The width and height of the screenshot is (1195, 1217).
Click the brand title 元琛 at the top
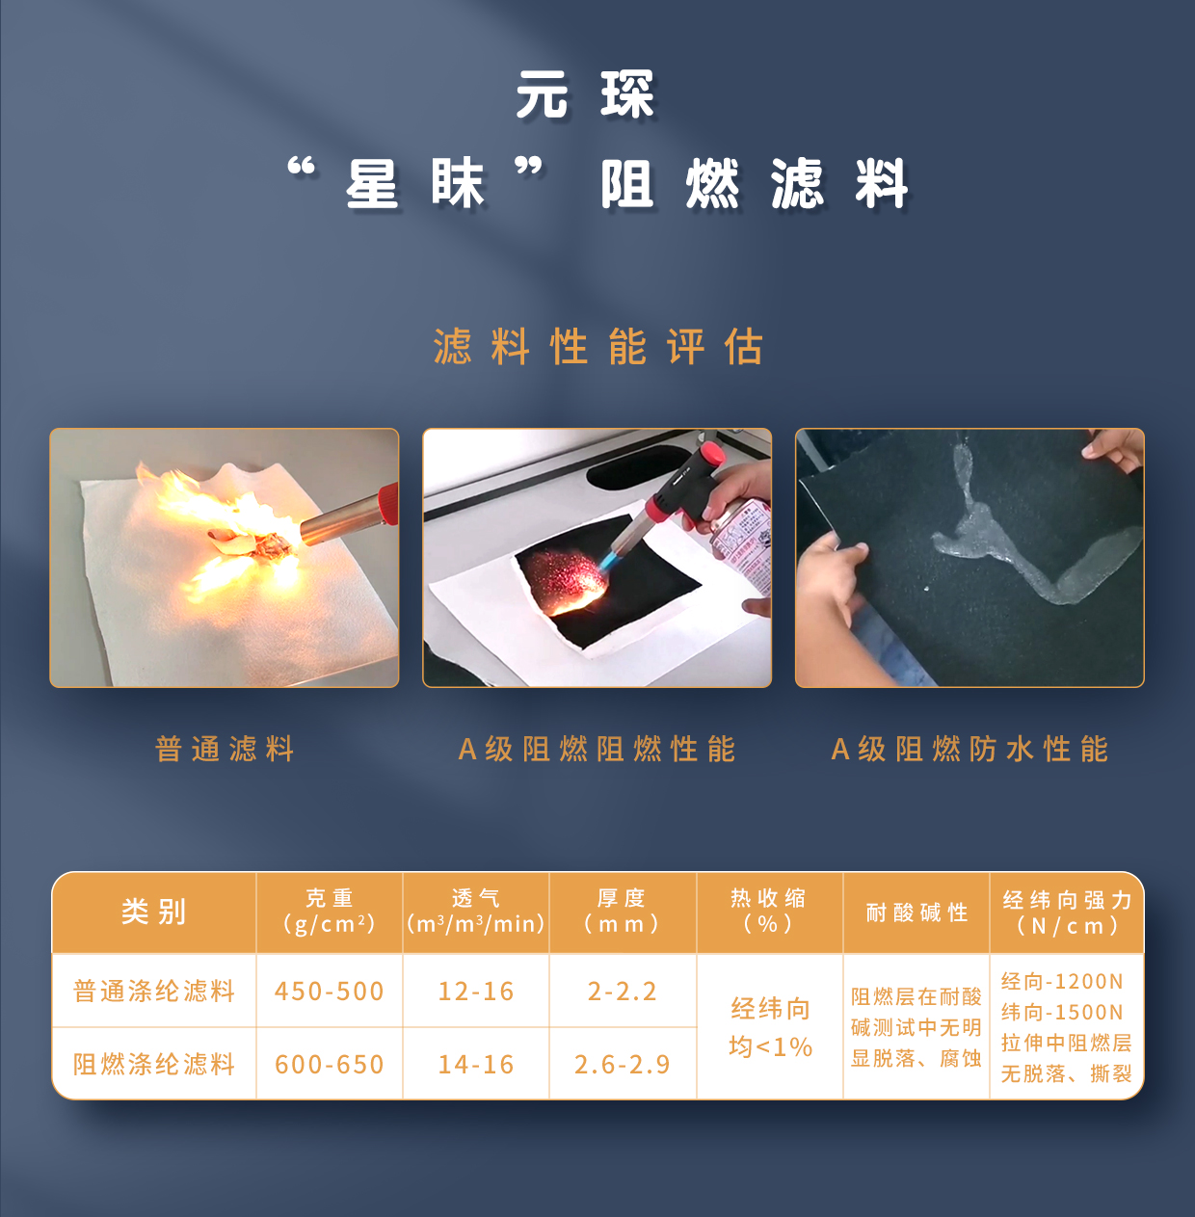(586, 94)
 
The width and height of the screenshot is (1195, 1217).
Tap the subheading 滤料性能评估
(597, 347)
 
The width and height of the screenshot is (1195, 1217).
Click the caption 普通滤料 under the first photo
(225, 749)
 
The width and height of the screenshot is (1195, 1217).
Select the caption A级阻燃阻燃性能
(597, 749)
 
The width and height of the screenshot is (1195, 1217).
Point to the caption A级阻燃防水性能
(969, 749)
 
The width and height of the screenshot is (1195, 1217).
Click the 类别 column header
(154, 912)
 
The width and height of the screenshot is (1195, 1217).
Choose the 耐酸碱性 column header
(916, 912)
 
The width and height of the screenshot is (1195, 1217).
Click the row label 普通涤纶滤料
(154, 991)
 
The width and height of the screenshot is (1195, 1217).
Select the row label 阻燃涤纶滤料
(154, 1064)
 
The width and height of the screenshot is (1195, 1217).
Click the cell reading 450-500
(330, 992)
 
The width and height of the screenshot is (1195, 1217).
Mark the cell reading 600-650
(330, 1065)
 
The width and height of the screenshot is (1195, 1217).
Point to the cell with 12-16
(476, 992)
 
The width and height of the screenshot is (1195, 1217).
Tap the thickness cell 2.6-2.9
(623, 1065)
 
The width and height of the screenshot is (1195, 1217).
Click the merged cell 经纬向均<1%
(770, 1027)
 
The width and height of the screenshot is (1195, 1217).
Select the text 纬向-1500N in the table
(1062, 1013)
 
